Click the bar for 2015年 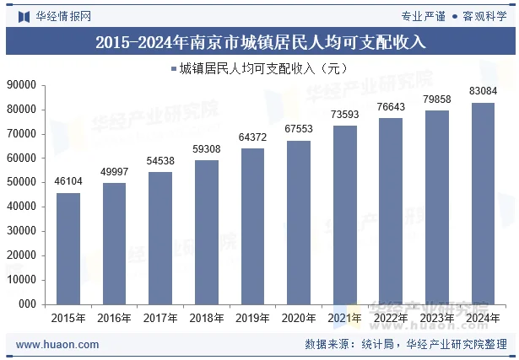pyautogui.click(x=68, y=248)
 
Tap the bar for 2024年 pyautogui.click(x=483, y=203)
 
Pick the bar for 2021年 pyautogui.click(x=344, y=214)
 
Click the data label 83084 pyautogui.click(x=483, y=91)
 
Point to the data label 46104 pyautogui.click(x=68, y=181)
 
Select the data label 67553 pyautogui.click(x=299, y=129)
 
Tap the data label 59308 pyautogui.click(x=207, y=149)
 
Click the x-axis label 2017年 pyautogui.click(x=160, y=318)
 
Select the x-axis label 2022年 pyautogui.click(x=391, y=318)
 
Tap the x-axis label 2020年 pyautogui.click(x=299, y=318)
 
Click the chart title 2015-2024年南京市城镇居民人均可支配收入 pyautogui.click(x=259, y=40)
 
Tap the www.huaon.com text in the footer pyautogui.click(x=57, y=344)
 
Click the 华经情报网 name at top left pyautogui.click(x=62, y=15)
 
